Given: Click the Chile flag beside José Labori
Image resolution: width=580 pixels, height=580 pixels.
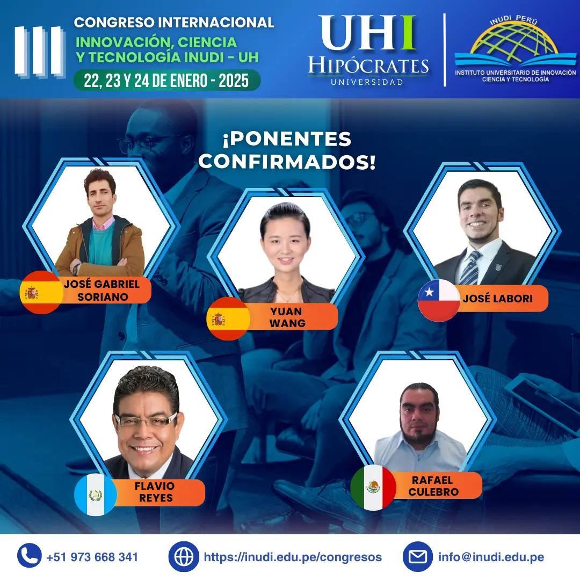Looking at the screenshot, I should coord(439,300).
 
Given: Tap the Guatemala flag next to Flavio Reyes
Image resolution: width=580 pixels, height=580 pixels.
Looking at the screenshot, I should coord(96,495).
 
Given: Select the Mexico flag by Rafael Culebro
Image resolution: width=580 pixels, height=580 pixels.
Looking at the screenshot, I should coord(373,488).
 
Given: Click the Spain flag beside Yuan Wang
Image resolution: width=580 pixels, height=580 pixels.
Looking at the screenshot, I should coord(228,318).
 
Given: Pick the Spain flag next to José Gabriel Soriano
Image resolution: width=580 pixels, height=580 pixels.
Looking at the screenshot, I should coord(41,292).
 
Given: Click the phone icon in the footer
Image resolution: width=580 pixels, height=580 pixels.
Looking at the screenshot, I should coord(30,556).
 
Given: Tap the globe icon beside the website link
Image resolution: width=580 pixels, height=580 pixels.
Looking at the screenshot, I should coord(184,556).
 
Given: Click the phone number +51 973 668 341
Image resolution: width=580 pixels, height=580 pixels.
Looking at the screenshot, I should coord(92,557).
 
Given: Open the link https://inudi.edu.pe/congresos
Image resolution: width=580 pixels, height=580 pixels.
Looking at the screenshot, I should coord(293,557).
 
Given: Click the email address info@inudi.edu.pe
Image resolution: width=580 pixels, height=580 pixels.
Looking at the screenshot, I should coord(491,557).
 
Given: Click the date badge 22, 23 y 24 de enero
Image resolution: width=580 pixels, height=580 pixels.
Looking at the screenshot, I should coord(166,81).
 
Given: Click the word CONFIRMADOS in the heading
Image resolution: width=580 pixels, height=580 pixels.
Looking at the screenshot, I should coord(287,162).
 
